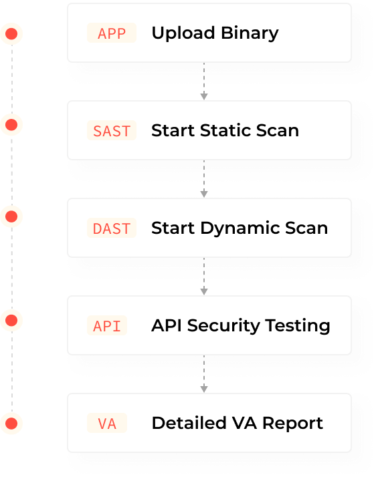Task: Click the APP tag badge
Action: click(112, 33)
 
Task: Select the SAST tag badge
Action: click(112, 131)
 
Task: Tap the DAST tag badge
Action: click(112, 228)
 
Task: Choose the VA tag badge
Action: click(107, 424)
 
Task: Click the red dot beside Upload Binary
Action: click(11, 33)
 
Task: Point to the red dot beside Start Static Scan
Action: click(11, 124)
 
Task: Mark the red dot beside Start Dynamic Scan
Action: click(11, 216)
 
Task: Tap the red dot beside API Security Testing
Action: click(11, 321)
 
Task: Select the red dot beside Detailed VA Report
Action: click(11, 423)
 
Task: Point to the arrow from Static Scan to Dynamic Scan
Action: click(204, 179)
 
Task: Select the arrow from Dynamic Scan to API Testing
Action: click(204, 277)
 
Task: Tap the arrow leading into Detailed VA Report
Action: click(204, 374)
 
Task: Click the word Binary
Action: click(248, 33)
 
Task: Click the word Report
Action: click(294, 424)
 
